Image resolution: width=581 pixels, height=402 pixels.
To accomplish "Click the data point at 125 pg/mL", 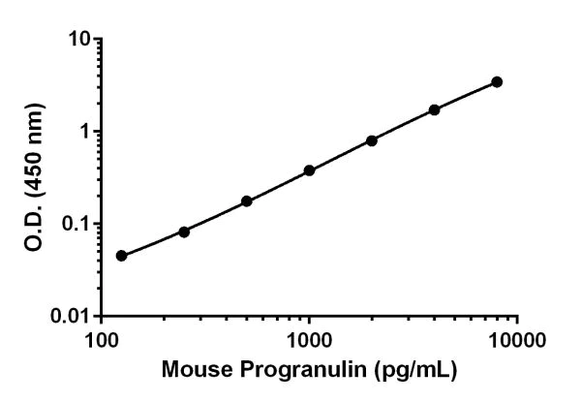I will click(121, 256).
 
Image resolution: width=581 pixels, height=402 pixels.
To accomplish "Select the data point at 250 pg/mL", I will click(184, 232).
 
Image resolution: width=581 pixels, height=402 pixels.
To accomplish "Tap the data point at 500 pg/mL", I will click(247, 201).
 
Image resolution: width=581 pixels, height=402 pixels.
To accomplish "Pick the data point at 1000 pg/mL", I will click(309, 170).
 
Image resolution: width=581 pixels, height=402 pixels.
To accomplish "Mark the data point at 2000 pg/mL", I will click(372, 140).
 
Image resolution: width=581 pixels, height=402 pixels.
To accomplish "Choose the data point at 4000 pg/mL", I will click(434, 109).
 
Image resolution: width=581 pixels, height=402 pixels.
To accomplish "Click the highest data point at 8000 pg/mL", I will click(497, 81).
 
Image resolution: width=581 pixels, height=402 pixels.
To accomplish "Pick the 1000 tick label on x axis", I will click(309, 340).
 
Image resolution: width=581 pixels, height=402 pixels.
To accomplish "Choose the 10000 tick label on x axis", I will click(516, 340).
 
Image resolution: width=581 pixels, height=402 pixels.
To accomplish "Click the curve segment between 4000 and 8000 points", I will click(466, 95).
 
